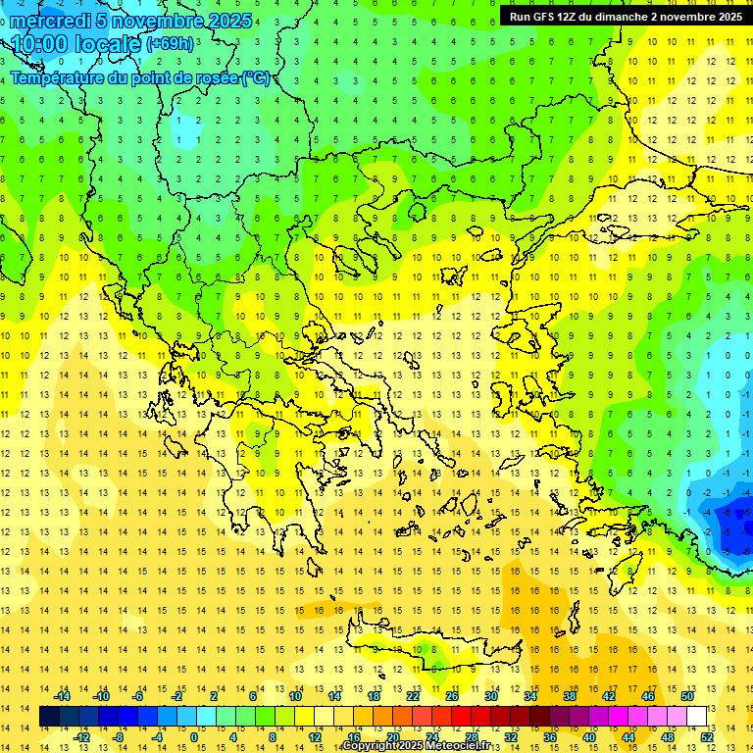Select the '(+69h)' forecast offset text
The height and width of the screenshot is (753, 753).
click(170, 44)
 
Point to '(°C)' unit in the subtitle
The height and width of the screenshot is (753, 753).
click(255, 78)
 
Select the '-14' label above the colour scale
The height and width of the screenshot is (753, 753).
click(62, 696)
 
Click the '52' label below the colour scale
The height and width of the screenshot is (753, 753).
click(707, 737)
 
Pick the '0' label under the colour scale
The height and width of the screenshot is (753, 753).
click(194, 737)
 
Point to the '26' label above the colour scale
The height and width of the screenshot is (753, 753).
click(452, 696)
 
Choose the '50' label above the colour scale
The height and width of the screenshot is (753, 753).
click(687, 696)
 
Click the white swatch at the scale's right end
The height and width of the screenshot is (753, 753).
click(697, 717)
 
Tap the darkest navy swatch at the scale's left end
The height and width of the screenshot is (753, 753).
click(49, 717)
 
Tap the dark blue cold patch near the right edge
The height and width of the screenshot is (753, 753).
click(733, 534)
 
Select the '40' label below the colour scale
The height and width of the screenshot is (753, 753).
click(589, 737)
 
